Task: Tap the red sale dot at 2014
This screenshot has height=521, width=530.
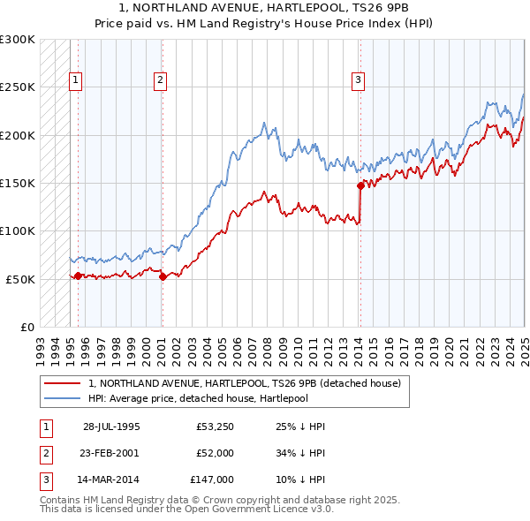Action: pos(360,185)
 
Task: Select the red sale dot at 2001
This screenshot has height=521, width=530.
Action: pos(163,276)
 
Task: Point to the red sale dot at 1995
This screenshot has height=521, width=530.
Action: pos(78,276)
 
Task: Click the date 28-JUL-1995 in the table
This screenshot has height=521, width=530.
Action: pos(111,427)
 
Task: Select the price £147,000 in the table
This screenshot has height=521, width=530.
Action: pos(211,479)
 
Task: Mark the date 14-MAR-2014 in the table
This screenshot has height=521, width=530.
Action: pos(111,479)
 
